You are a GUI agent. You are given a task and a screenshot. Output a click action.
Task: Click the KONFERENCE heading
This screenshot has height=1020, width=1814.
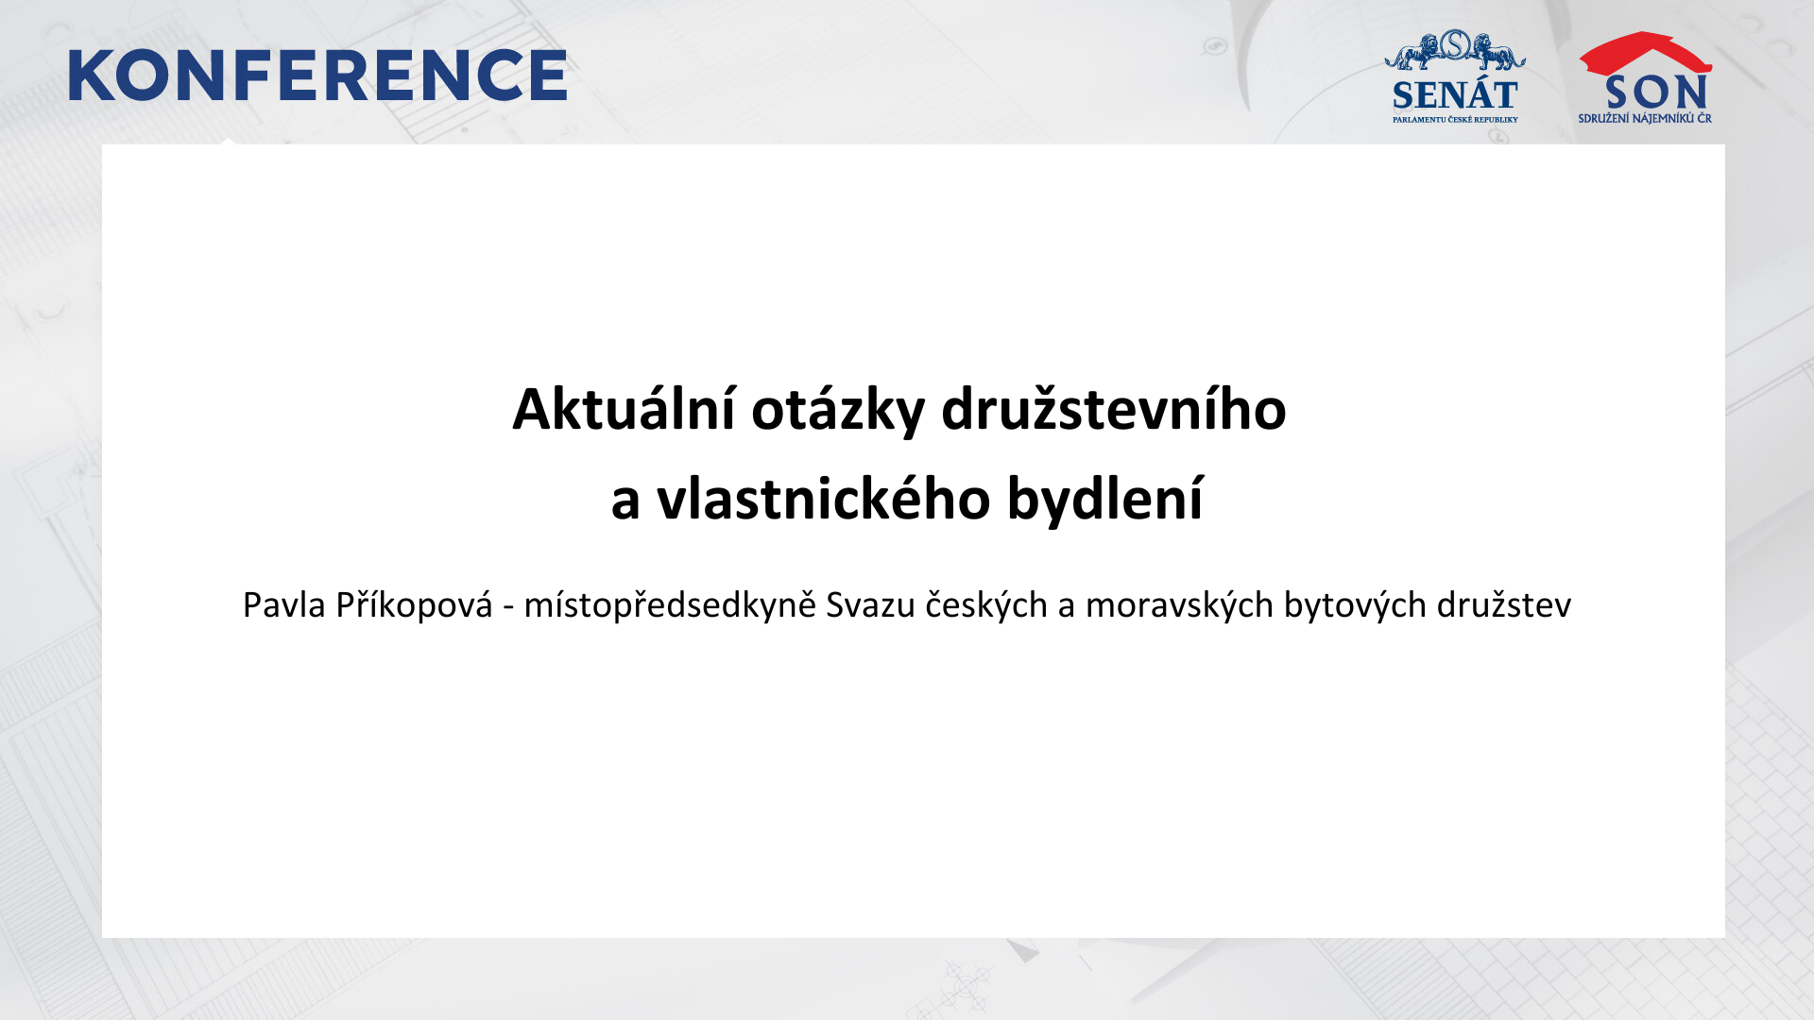pos(317,76)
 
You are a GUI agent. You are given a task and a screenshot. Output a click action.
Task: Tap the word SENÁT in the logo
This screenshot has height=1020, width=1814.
pos(1455,94)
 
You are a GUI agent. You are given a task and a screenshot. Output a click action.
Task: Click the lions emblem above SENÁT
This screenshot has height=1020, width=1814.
pos(1455,50)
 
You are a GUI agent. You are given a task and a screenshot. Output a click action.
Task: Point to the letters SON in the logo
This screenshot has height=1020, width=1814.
pos(1656,93)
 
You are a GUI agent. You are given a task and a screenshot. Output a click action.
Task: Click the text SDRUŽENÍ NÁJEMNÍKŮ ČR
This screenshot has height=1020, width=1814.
pos(1645,119)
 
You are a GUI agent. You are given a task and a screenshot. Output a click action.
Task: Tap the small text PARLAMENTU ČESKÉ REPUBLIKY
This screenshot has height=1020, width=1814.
pos(1455,120)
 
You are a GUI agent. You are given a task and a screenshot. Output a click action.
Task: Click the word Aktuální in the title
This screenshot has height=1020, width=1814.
pos(624,409)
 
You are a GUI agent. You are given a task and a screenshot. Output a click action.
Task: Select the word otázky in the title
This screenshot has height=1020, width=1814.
pos(838,411)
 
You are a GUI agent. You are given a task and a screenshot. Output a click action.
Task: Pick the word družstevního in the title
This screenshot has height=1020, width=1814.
pos(1114,409)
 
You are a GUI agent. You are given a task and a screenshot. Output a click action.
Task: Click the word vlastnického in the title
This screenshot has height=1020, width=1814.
pos(823,498)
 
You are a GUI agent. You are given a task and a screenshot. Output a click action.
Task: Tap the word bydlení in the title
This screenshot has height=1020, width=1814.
pos(1104,499)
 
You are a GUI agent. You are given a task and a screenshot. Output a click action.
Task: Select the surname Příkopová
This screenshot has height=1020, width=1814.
pos(414,605)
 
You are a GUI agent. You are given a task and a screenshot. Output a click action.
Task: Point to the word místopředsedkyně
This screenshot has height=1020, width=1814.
pos(670,605)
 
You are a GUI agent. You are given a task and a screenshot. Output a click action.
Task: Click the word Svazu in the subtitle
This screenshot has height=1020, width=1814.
pos(870,605)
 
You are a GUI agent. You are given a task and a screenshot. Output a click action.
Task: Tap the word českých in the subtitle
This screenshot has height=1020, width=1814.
pos(986,605)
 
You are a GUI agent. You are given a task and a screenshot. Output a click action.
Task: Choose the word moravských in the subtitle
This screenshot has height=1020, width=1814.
pos(1179,605)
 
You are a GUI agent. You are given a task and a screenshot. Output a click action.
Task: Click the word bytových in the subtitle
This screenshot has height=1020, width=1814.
pos(1355,605)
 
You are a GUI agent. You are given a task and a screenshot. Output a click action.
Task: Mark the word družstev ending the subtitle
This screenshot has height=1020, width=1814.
pos(1504,604)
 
